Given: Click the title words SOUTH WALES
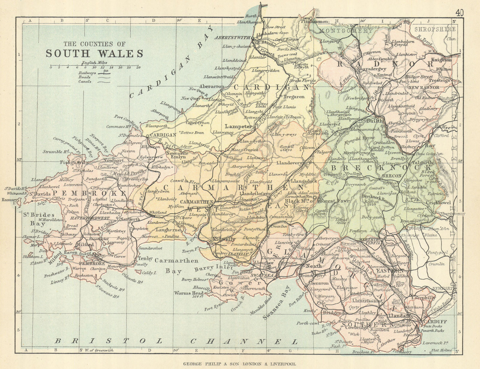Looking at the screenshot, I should tap(94, 53).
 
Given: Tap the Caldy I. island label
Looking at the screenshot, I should tap(143, 273).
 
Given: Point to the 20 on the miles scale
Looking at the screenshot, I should tap(138, 67).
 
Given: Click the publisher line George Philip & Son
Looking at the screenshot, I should tap(240, 364).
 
